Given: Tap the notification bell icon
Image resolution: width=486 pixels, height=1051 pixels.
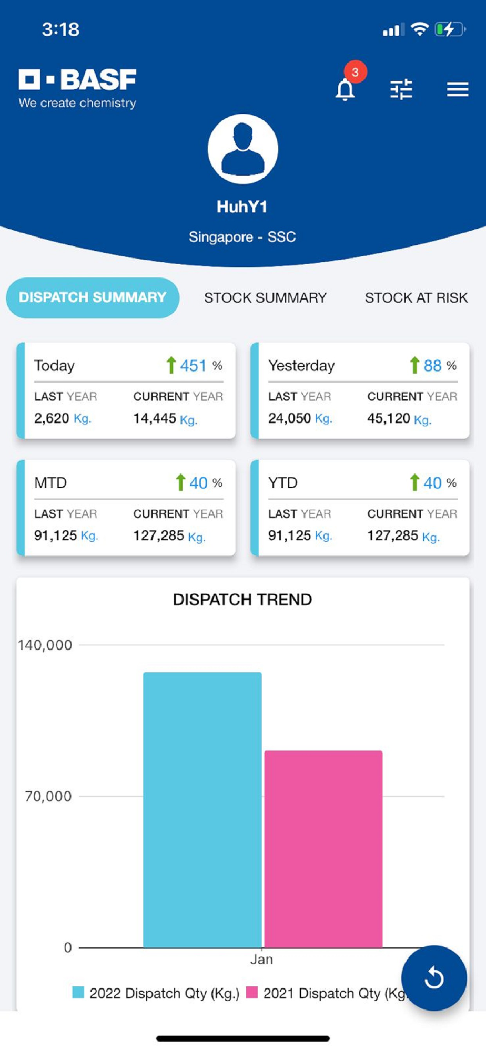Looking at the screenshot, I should pyautogui.click(x=345, y=89).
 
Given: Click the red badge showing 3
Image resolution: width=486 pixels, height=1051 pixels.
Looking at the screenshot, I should pyautogui.click(x=356, y=73).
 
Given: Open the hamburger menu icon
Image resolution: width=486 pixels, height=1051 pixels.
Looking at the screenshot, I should pyautogui.click(x=457, y=89).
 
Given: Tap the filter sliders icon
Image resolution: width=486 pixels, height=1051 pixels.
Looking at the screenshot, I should pyautogui.click(x=401, y=89).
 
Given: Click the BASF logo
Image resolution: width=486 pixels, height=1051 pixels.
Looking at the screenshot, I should pyautogui.click(x=78, y=88).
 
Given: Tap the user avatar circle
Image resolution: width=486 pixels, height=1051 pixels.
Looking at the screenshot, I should pyautogui.click(x=243, y=149).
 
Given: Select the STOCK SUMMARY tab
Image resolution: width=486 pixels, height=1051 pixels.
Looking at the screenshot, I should pyautogui.click(x=265, y=298).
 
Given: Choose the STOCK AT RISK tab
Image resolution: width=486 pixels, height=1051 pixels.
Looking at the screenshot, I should pyautogui.click(x=416, y=298).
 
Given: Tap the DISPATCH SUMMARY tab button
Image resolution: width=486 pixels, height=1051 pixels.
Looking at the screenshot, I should pyautogui.click(x=93, y=298).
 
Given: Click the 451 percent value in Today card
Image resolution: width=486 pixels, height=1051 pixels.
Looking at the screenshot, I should pyautogui.click(x=194, y=366).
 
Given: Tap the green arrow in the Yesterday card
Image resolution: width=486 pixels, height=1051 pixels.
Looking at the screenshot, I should pyautogui.click(x=414, y=365).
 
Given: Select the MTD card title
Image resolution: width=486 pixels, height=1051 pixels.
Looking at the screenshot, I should pyautogui.click(x=50, y=483).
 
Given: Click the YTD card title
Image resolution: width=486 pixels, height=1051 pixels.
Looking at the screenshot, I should pyautogui.click(x=283, y=483).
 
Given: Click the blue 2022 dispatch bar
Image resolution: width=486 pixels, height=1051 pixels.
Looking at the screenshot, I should pyautogui.click(x=202, y=809).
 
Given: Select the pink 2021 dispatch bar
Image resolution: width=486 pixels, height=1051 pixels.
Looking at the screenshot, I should pyautogui.click(x=323, y=849).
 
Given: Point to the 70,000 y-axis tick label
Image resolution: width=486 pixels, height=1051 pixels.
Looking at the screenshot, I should pyautogui.click(x=48, y=797).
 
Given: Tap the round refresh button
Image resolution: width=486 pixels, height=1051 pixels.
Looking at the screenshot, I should pyautogui.click(x=434, y=978).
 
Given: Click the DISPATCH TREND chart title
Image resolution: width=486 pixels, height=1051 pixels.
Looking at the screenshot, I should pyautogui.click(x=242, y=600).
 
